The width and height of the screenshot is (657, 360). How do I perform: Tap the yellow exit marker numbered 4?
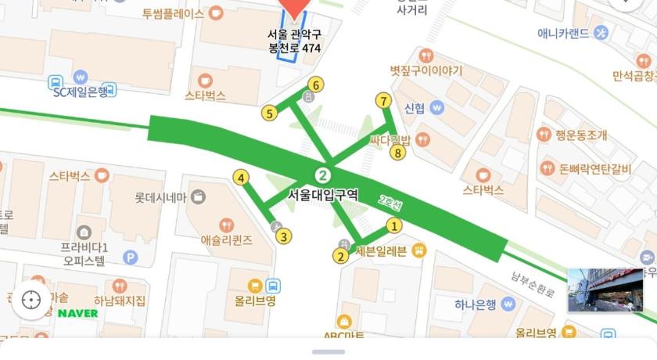(x=242, y=178)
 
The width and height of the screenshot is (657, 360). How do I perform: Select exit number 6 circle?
(x=315, y=84)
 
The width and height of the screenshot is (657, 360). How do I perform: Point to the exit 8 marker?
(x=397, y=153)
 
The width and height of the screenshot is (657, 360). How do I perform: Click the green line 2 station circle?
(x=321, y=175)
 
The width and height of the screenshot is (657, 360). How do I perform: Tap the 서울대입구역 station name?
(x=323, y=195)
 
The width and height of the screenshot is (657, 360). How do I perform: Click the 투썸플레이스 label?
(x=173, y=13)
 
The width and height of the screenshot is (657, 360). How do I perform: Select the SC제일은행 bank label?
(x=80, y=92)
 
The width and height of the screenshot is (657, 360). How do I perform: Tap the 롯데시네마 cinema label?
(x=160, y=197)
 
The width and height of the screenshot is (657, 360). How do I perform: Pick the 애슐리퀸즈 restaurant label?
(x=226, y=240)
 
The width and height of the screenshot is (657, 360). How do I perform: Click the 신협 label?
(x=415, y=107)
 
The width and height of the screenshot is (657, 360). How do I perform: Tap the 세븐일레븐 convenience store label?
(x=381, y=251)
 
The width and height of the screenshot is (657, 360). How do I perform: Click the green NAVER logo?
(x=78, y=313)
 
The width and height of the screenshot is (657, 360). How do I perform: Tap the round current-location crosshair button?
(x=31, y=300)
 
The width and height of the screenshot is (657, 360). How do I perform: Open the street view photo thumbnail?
(x=605, y=290)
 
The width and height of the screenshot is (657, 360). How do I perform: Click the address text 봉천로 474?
(x=294, y=48)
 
